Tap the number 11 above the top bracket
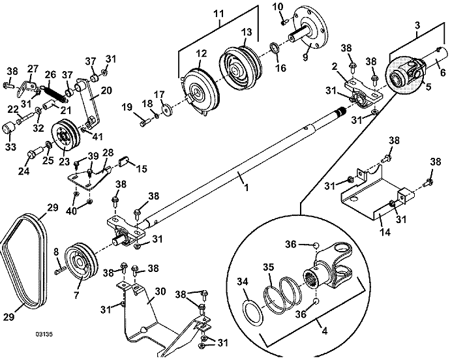(x=217, y=12)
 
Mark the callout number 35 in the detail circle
(x=267, y=267)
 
